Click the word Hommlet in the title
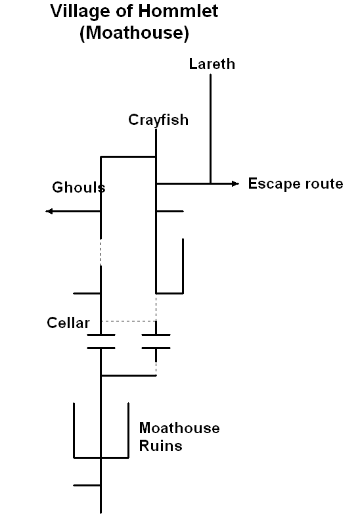(x=178, y=11)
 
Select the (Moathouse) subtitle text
(x=134, y=33)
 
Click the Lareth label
(x=212, y=64)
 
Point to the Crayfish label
(x=158, y=120)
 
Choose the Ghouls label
(x=79, y=187)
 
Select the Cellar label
(x=68, y=323)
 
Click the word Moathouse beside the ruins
(x=179, y=428)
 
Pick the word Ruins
(x=160, y=446)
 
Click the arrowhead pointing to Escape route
(x=236, y=183)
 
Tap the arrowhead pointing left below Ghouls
(x=49, y=211)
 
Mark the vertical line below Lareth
(x=210, y=129)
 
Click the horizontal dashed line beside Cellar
(x=128, y=321)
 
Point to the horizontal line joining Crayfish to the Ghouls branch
(x=128, y=156)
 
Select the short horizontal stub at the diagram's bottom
(x=87, y=485)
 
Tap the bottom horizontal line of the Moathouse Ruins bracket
(x=101, y=457)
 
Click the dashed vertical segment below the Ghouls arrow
(x=101, y=252)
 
